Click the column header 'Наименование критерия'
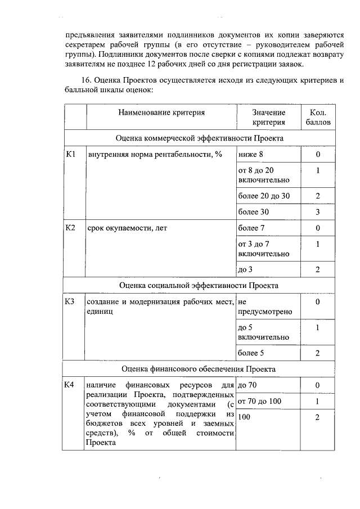point(161,112)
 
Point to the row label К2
point(70,228)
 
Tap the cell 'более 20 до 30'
point(263,196)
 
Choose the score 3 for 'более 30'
point(318,212)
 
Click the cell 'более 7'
point(251,228)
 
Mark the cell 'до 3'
point(245,269)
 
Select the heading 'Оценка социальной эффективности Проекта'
point(199,285)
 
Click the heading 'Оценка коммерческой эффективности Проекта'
point(199,138)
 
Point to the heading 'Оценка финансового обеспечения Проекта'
point(199,369)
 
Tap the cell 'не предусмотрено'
point(264,307)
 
